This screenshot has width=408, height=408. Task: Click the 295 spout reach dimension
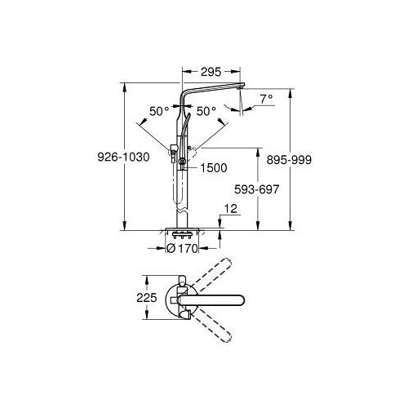tap(212, 72)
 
